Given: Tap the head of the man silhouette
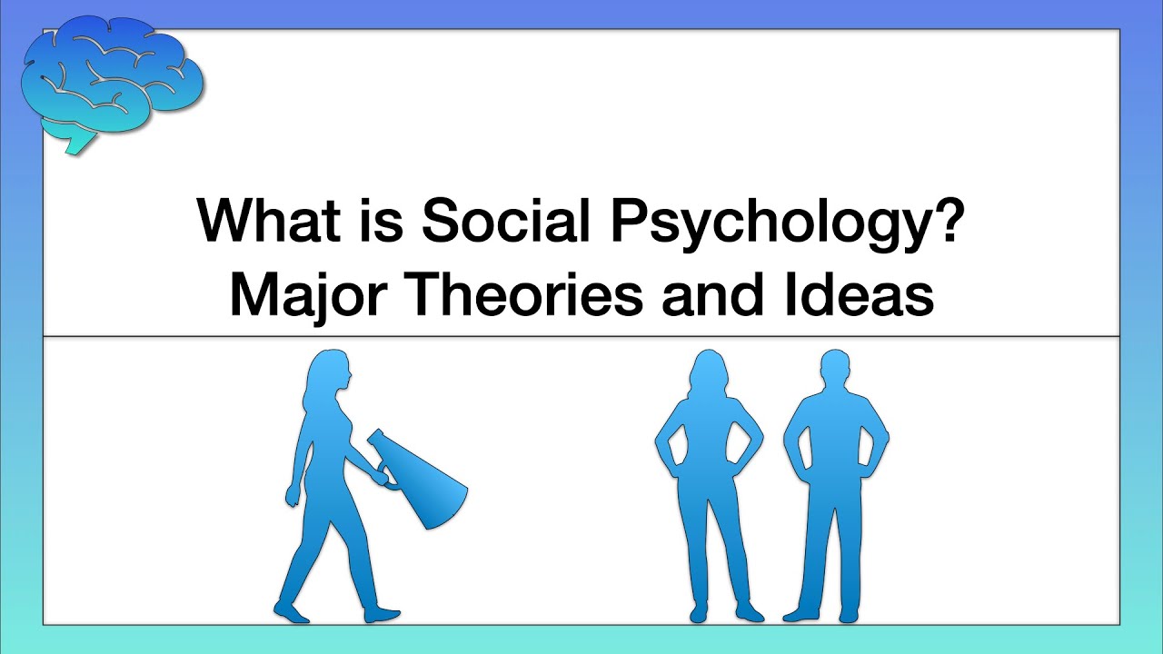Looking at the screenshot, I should (837, 371).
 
